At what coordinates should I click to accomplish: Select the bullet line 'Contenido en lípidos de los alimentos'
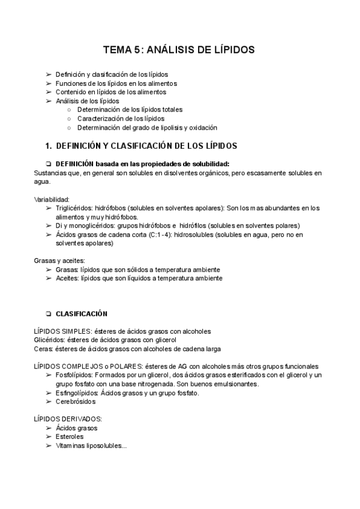point(111,92)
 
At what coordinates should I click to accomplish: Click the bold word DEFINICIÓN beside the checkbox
point(74,164)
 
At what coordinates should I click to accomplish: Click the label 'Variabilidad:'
point(53,199)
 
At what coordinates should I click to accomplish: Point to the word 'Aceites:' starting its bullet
point(67,279)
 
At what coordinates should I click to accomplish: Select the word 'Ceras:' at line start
point(44,349)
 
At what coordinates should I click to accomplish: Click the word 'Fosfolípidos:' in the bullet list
point(75,375)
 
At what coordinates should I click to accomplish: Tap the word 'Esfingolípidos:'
point(78,393)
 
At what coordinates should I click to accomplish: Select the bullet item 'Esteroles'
point(70,437)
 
